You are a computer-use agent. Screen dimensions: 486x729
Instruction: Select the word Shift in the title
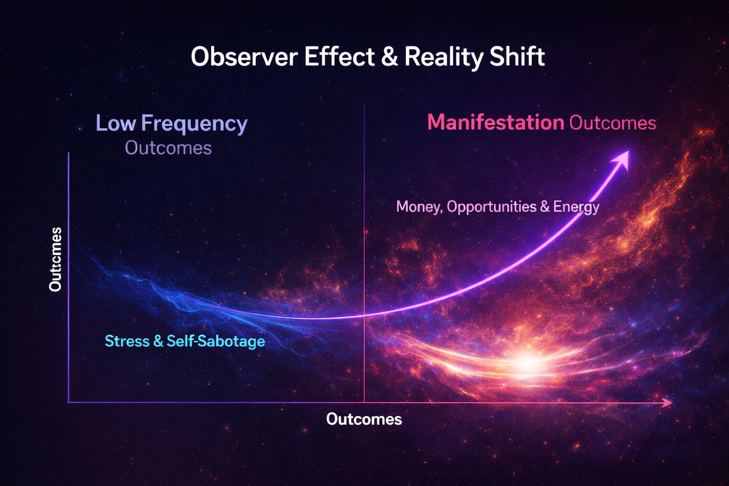coord(518,57)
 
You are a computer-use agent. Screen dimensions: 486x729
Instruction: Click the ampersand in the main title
coord(389,57)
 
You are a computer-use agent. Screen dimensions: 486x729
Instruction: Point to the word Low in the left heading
coord(115,123)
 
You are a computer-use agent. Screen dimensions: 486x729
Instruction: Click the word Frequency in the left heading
coord(194,124)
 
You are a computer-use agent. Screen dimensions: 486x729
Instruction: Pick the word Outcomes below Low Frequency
coord(168,148)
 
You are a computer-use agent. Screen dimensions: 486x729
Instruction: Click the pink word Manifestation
coord(495,123)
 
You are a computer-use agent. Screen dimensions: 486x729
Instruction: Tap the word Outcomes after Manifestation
coord(612,123)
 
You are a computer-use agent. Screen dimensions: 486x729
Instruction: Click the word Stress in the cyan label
coord(127,341)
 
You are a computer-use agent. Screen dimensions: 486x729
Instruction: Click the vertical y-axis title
coord(55,259)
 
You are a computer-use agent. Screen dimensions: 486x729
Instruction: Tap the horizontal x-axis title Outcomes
coord(364,419)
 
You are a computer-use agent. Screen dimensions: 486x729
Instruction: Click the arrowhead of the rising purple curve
coord(622,158)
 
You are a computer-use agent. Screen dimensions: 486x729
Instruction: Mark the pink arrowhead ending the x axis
coord(668,402)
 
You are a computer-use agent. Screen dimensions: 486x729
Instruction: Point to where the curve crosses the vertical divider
coord(364,315)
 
